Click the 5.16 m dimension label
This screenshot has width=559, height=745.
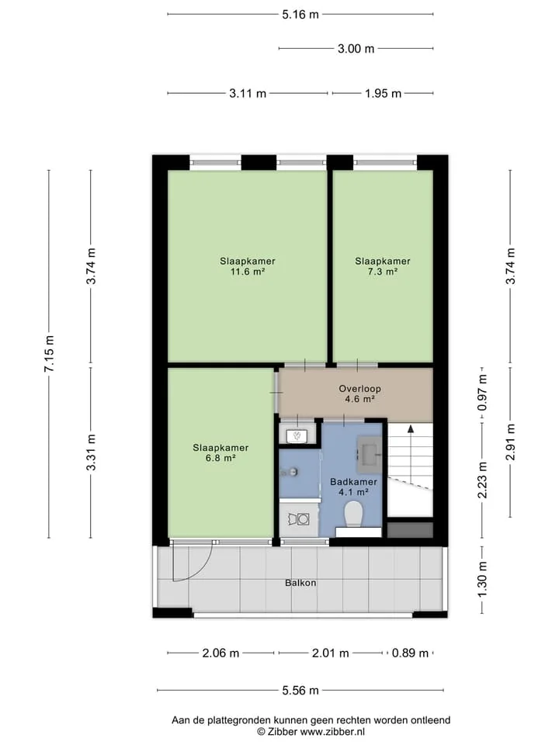click(300, 14)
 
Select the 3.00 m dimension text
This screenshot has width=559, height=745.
click(356, 48)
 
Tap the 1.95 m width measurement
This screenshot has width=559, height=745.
click(383, 94)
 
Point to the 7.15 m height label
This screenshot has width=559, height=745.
click(50, 354)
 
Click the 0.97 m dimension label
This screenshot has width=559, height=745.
click(482, 393)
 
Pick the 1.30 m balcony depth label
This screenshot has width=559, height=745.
click(482, 580)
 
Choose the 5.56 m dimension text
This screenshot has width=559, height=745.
click(300, 691)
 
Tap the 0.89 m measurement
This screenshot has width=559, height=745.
click(410, 653)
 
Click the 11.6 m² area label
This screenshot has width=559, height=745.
click(247, 272)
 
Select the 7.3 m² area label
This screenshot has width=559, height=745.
click(383, 272)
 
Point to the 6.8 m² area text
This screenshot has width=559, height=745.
click(220, 459)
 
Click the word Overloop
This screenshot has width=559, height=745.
click(359, 389)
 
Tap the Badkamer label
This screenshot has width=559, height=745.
click(354, 482)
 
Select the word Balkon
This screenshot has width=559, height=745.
click(300, 583)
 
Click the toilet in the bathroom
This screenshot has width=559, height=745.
click(354, 514)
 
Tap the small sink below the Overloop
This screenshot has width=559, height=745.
click(297, 435)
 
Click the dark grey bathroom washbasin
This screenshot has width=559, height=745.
click(370, 453)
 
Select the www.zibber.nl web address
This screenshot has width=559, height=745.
click(333, 732)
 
